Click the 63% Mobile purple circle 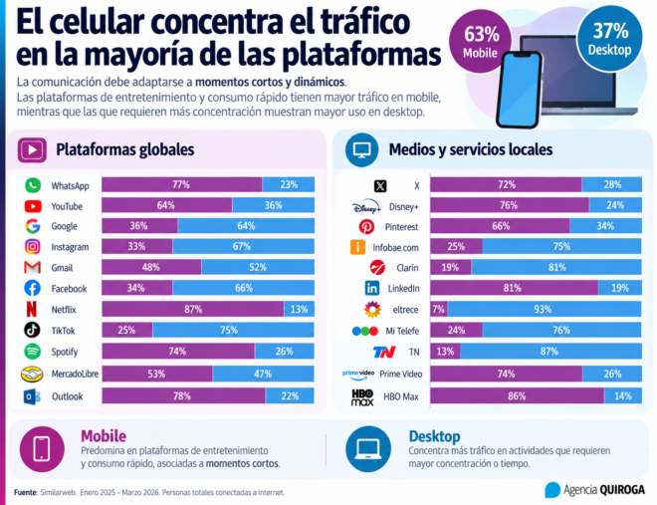pos(480,41)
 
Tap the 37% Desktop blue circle pos(609,39)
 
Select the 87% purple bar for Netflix pos(193,310)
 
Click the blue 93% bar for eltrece pos(544,310)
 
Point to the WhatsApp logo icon pos(33,185)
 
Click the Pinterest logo pos(366,227)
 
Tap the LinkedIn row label pos(403,288)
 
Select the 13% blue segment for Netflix pos(300,310)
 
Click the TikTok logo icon pos(32,330)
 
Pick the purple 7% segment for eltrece pos(439,310)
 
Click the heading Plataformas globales pos(124,149)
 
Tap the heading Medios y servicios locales pos(471,149)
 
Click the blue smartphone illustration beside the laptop pos(519,90)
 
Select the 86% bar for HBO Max pos(517,396)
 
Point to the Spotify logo pos(32,352)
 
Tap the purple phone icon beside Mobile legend pos(42,449)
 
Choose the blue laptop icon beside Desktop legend pos(368,449)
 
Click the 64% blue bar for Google pos(246,226)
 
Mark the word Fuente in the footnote pos(26,492)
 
